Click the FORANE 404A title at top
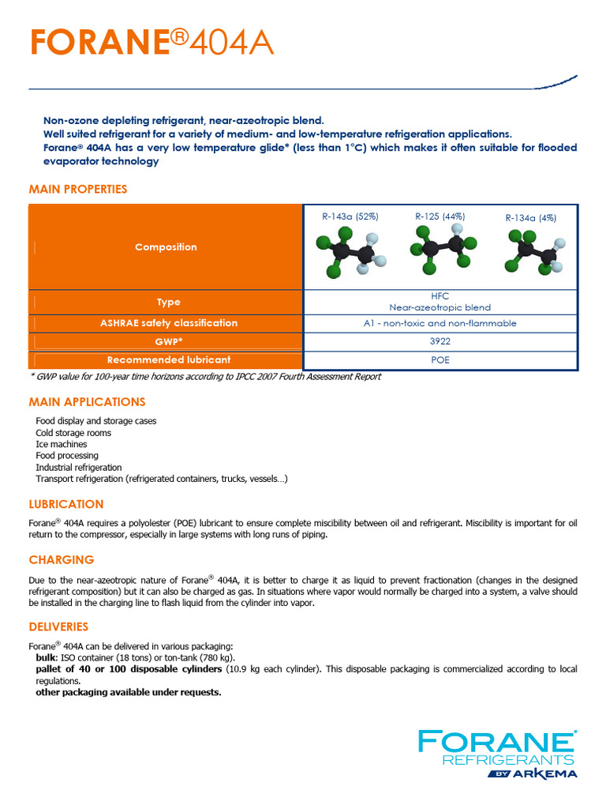pos(151,43)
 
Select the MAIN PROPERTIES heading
pos(77,190)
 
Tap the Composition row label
pos(166,247)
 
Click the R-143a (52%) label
pos(350,216)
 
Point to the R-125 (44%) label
pos(440,216)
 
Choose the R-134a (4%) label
pos(530,218)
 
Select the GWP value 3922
pos(440,341)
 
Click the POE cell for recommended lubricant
pos(440,359)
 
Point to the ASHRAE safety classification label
pos(168,323)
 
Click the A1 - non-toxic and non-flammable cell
pos(440,323)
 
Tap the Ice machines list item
pos(62,444)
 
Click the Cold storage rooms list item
pos(73,433)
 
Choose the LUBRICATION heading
pos(66,504)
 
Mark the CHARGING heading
pos(62,560)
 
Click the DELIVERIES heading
pos(58,627)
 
